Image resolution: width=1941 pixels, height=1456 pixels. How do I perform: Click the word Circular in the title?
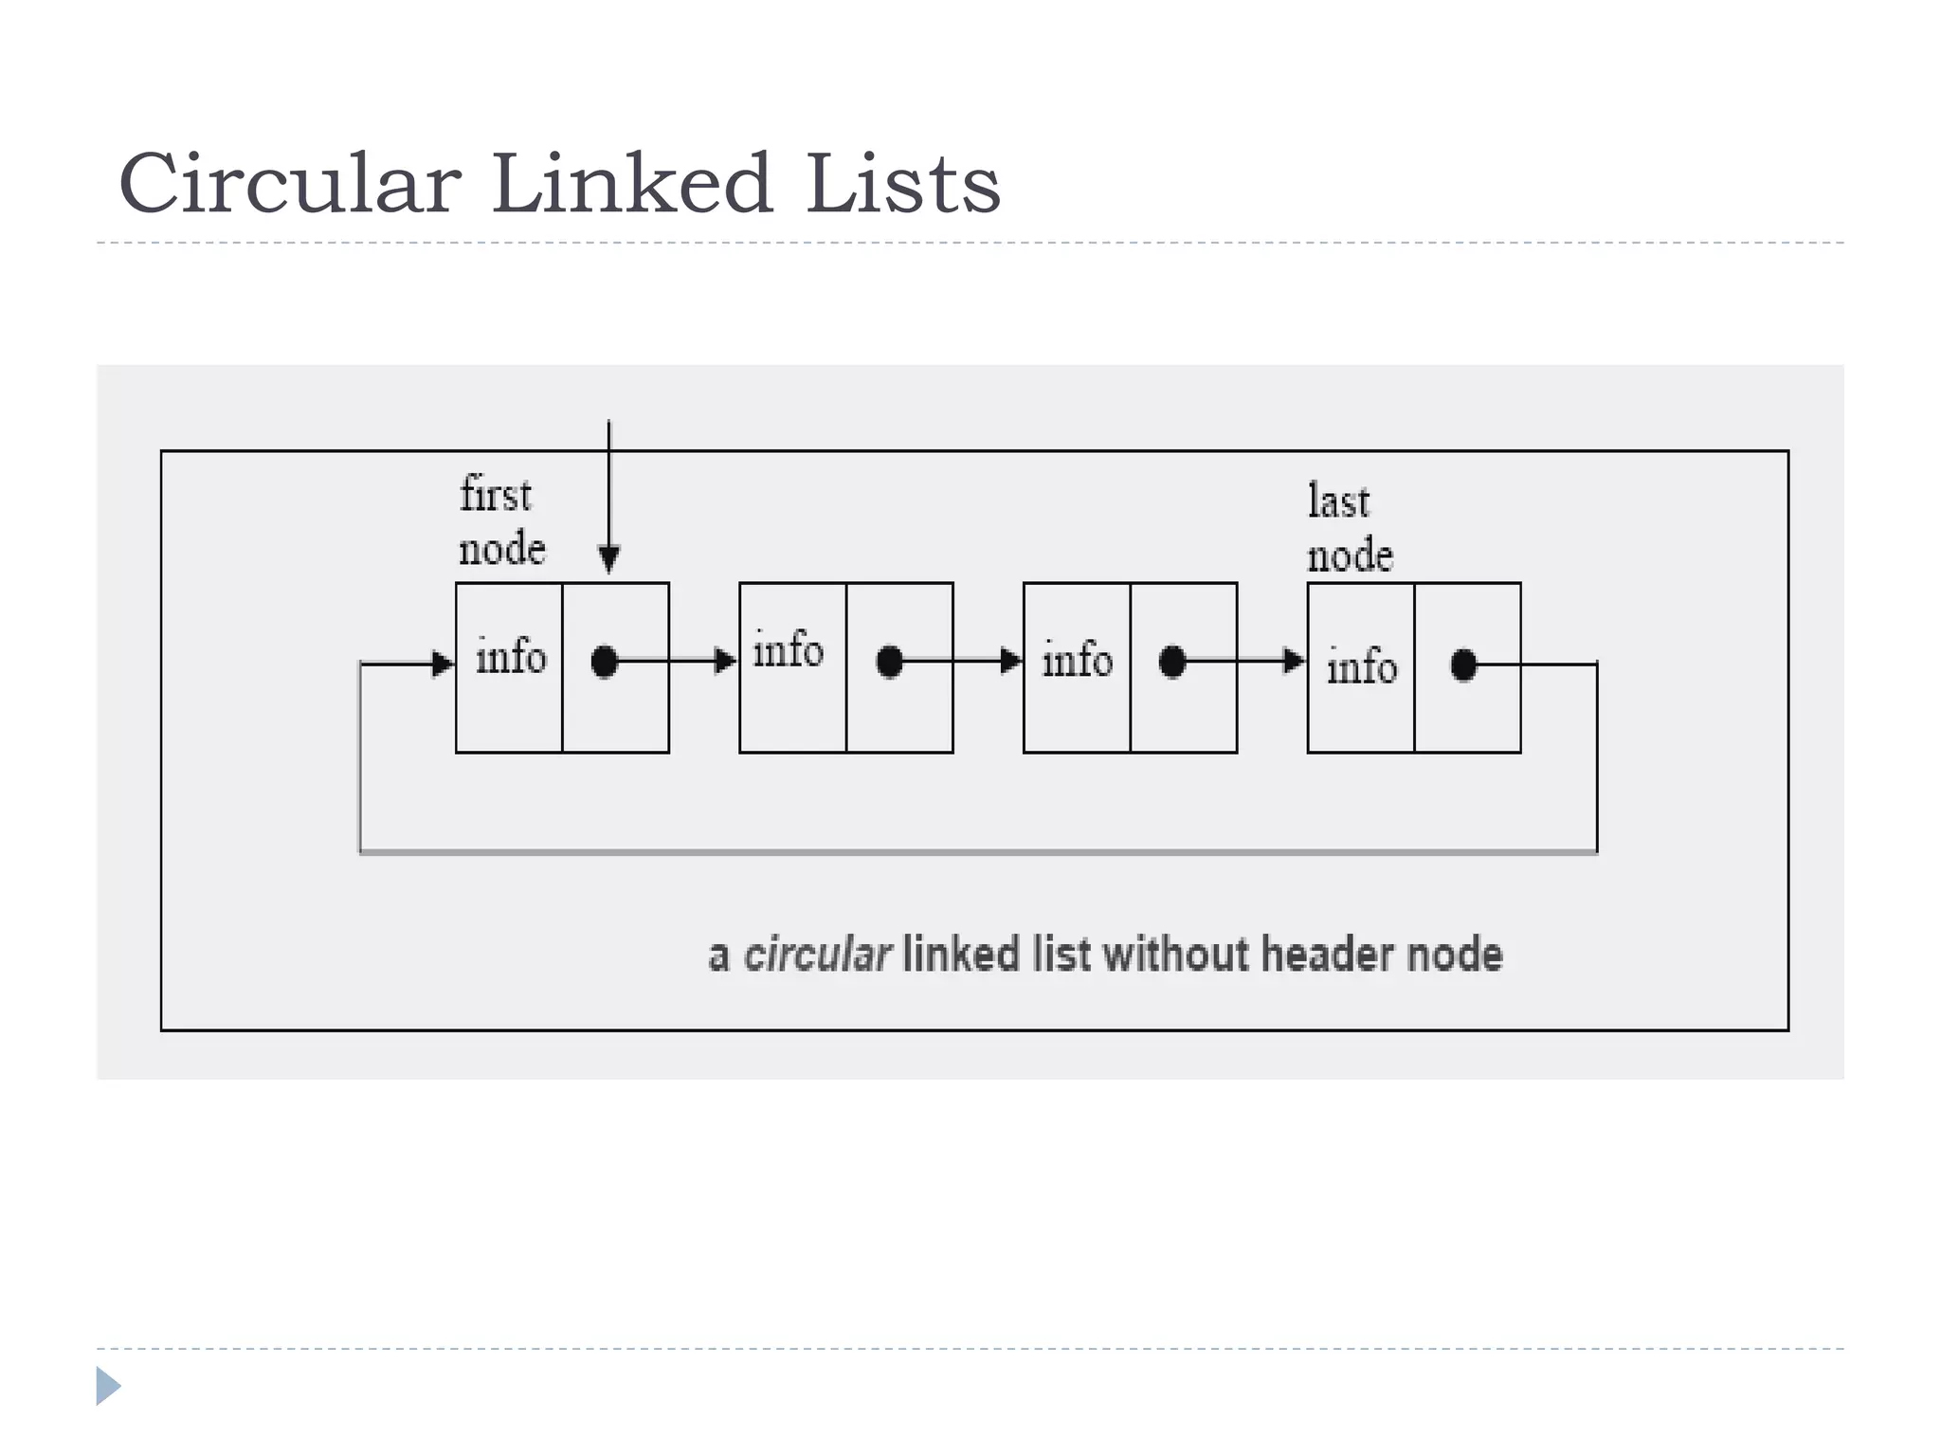coord(290,184)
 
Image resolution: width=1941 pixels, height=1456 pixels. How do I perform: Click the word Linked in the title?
coord(631,184)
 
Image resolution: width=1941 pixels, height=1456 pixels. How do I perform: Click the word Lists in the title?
coord(902,184)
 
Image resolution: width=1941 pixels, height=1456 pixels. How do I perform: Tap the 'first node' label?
coord(500,522)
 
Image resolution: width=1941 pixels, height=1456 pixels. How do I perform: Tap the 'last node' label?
coord(1349,528)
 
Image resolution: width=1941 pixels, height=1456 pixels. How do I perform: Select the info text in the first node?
coord(511,657)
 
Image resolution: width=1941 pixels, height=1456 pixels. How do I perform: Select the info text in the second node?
coord(788,651)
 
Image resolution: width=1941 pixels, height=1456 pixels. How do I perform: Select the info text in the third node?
coord(1077,660)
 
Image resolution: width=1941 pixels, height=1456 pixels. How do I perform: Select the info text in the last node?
coord(1361,666)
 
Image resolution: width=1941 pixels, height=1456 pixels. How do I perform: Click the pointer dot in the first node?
coord(605,662)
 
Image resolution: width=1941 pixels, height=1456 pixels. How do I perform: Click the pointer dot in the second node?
coord(889,662)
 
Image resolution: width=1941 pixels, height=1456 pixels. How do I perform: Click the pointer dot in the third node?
coord(1172,662)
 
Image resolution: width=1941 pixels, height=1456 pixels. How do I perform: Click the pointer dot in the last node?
coord(1463,665)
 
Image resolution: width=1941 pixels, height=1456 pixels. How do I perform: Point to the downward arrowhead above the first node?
coord(609,559)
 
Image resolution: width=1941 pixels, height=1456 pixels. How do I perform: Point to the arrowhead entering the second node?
coord(725,661)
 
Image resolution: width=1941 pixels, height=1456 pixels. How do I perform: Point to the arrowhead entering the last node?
coord(1294,661)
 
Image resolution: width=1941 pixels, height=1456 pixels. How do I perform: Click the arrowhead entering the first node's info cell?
coord(443,664)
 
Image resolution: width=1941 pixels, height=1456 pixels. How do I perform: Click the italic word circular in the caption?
coord(817,955)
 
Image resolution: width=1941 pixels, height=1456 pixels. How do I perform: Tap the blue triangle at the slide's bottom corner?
coord(107,1386)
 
